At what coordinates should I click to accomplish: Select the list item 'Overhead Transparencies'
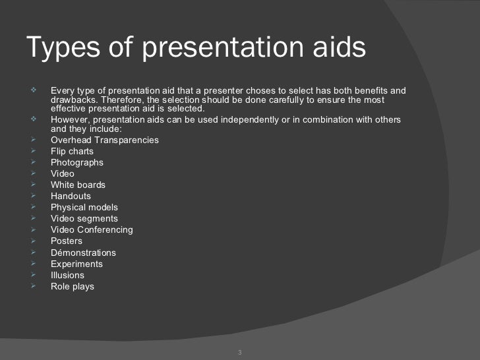tap(104, 140)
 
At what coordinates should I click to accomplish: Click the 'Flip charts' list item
tap(72, 151)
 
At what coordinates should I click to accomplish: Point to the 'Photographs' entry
tap(76, 162)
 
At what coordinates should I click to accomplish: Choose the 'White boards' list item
tap(78, 185)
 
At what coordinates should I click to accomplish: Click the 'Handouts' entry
tap(71, 196)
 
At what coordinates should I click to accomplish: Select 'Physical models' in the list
tap(84, 207)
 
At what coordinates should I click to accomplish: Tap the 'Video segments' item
tap(84, 218)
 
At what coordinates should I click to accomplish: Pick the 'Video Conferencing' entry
tap(92, 229)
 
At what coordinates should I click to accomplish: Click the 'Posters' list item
tap(67, 241)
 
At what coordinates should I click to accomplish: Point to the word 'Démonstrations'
tap(83, 253)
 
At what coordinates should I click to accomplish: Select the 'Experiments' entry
tap(76, 264)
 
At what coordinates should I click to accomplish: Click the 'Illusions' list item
tap(67, 275)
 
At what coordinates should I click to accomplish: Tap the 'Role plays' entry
tap(73, 286)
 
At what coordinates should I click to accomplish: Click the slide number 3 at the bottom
tap(240, 352)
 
